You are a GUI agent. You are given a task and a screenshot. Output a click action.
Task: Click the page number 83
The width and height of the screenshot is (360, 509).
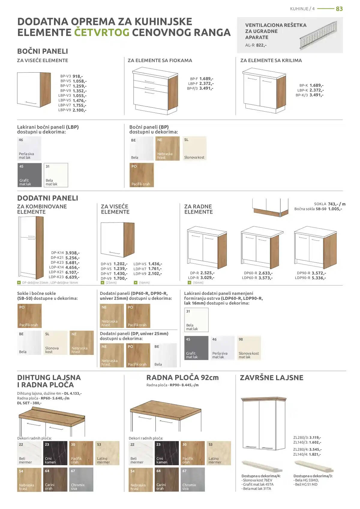point(339,9)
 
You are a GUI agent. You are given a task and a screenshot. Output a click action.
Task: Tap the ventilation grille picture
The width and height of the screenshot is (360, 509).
point(318,35)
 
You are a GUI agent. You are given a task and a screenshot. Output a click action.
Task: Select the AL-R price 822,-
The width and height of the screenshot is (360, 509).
point(261,45)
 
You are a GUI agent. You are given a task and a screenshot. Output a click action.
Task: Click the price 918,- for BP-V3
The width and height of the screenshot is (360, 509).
point(77,76)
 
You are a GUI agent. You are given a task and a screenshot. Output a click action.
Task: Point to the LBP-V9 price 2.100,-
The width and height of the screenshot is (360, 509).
point(79,110)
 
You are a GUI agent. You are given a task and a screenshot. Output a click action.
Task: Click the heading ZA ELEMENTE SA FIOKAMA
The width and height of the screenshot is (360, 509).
point(160,61)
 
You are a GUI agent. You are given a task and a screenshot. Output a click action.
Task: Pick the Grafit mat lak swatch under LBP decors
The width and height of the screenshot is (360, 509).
point(29,175)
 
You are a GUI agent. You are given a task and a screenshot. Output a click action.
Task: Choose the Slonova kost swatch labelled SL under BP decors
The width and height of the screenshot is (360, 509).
point(194,148)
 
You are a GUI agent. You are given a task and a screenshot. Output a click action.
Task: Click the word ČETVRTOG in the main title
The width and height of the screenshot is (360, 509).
point(102,32)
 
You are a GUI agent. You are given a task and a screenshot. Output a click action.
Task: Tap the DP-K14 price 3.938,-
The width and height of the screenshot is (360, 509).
point(73,253)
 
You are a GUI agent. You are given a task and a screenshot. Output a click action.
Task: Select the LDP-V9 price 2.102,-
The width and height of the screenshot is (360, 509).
point(155,274)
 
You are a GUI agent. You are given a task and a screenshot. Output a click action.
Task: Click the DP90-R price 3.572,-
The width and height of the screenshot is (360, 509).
point(319,273)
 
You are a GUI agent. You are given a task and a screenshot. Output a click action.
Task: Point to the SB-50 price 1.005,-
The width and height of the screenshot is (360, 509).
point(335,209)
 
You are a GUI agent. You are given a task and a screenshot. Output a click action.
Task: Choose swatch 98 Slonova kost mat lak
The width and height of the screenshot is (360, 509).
point(249,348)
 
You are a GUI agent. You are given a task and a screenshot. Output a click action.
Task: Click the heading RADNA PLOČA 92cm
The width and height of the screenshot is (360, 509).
point(182,378)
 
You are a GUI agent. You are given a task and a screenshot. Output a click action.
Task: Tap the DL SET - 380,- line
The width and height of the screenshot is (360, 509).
point(29,403)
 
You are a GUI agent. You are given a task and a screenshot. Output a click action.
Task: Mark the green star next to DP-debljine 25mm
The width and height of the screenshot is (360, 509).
point(19,283)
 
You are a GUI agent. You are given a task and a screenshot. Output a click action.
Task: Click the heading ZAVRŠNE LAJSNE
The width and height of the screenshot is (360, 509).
point(271,378)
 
